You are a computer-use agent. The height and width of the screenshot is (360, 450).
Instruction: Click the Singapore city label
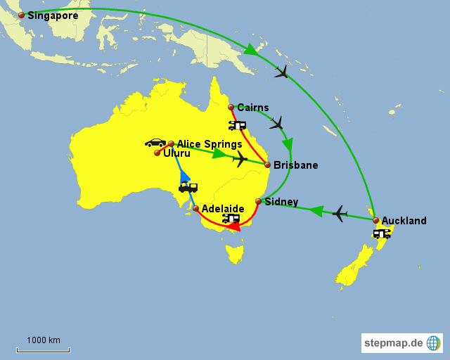click(x=53, y=15)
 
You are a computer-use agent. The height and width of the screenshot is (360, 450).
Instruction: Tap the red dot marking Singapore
click(x=21, y=15)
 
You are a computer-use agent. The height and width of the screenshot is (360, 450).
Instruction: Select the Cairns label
click(x=253, y=108)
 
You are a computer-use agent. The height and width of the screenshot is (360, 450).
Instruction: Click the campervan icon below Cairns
click(x=237, y=125)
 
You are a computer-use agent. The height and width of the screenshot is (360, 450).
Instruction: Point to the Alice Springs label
click(x=209, y=144)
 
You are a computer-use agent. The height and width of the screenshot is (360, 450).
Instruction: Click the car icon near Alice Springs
click(x=155, y=143)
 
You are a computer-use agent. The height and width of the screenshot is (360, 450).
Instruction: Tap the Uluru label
click(x=176, y=153)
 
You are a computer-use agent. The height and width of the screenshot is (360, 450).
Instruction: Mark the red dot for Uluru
click(x=157, y=153)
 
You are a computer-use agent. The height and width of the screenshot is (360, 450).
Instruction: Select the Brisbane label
click(x=295, y=165)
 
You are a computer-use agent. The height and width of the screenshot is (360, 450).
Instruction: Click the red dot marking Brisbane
click(x=267, y=165)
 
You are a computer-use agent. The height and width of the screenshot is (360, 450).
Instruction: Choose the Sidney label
click(x=281, y=202)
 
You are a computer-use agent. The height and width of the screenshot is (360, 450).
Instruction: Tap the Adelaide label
click(x=223, y=209)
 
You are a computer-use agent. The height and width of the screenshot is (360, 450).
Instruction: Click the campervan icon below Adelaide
click(x=231, y=218)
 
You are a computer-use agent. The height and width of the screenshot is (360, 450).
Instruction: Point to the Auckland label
click(x=404, y=221)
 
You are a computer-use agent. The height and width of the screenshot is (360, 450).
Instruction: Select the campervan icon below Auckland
click(x=382, y=233)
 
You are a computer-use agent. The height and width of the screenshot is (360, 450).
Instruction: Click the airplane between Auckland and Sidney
click(x=340, y=212)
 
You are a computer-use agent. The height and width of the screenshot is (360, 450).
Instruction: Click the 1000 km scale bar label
click(x=44, y=340)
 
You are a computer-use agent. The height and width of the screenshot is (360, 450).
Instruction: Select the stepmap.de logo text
click(x=394, y=343)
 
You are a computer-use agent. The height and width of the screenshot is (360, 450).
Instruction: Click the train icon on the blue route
click(x=188, y=187)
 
